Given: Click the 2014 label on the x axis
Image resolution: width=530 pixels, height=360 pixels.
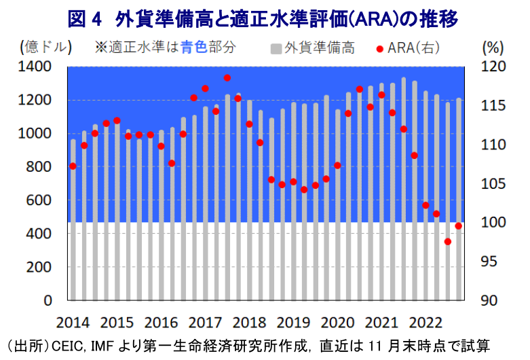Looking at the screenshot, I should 73,322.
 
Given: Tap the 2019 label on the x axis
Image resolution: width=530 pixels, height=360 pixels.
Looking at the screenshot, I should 292,322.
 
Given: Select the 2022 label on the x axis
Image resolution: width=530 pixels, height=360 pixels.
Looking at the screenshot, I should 425,322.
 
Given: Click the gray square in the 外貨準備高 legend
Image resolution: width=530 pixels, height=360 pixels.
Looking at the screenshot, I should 276,48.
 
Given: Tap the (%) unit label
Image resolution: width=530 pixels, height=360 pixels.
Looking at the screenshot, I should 492,48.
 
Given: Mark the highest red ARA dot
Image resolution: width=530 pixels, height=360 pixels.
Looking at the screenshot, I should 227,78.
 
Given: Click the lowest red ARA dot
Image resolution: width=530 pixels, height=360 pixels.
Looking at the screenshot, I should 448,241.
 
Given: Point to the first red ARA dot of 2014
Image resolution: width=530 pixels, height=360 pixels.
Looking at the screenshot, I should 73,166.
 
